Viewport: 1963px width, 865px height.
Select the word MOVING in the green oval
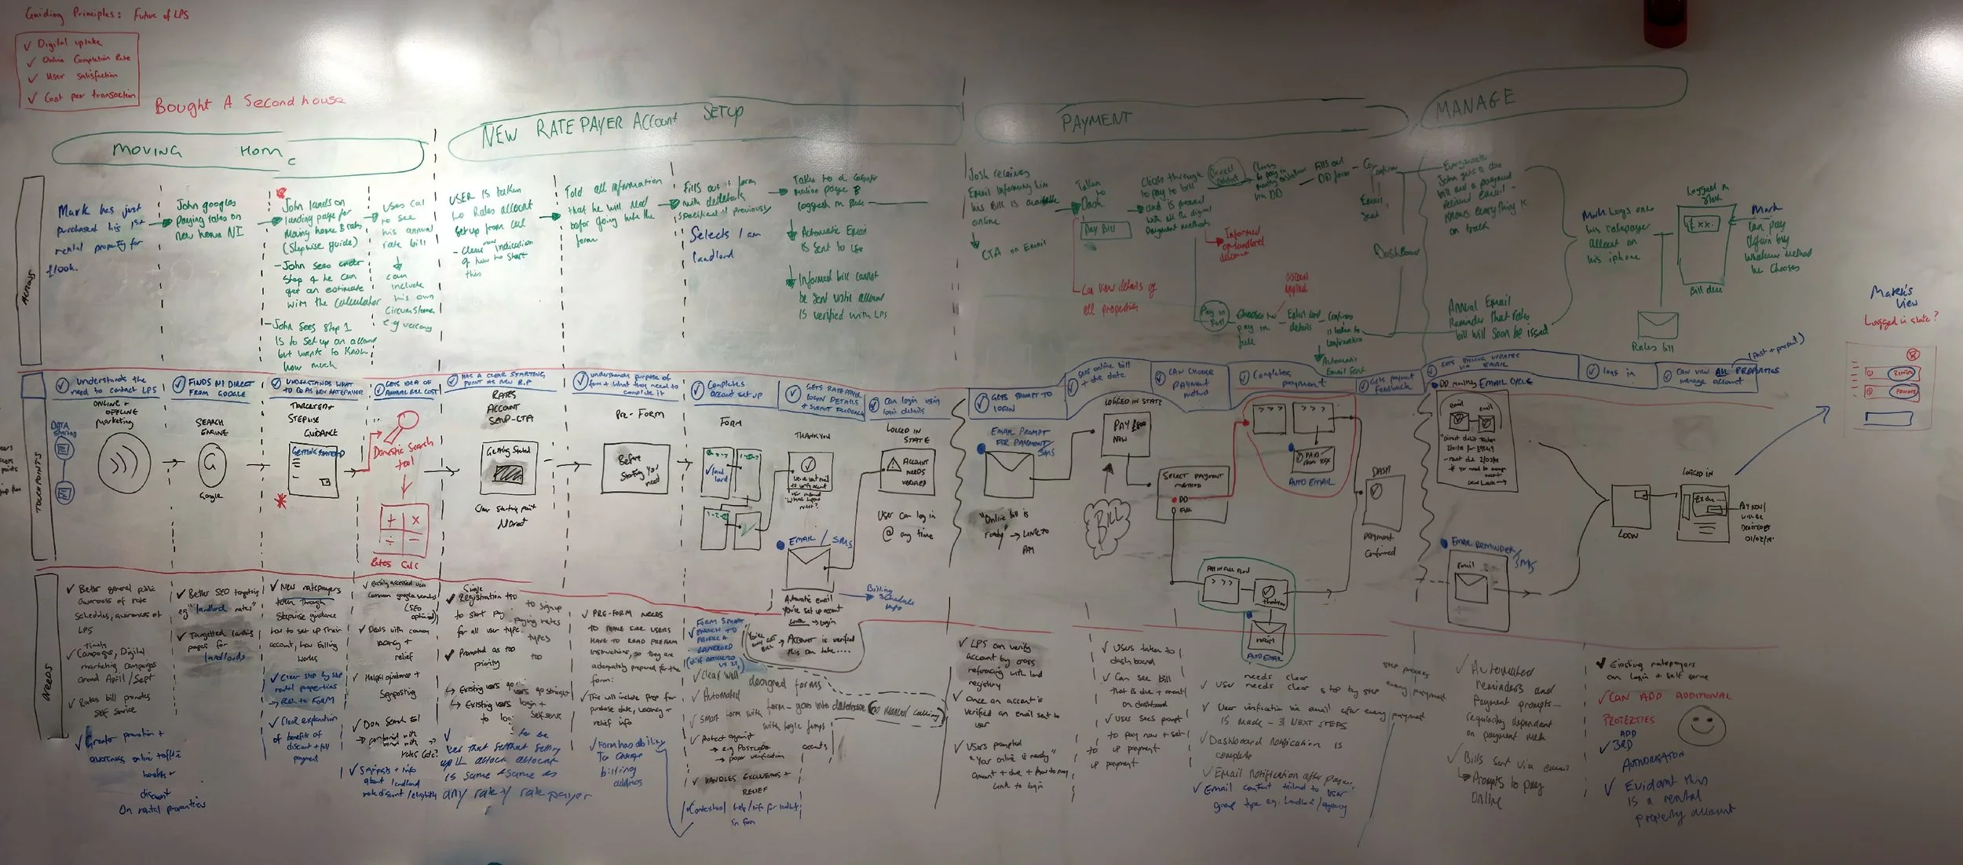click(147, 149)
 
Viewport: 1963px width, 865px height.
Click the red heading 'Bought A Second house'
click(249, 103)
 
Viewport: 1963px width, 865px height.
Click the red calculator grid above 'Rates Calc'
click(403, 529)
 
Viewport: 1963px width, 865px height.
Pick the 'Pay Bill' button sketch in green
click(1105, 229)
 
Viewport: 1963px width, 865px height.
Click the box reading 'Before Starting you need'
click(636, 468)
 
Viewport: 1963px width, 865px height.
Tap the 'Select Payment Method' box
click(1191, 493)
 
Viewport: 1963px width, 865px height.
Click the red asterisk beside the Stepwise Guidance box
click(280, 500)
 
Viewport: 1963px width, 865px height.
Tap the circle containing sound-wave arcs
click(124, 465)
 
